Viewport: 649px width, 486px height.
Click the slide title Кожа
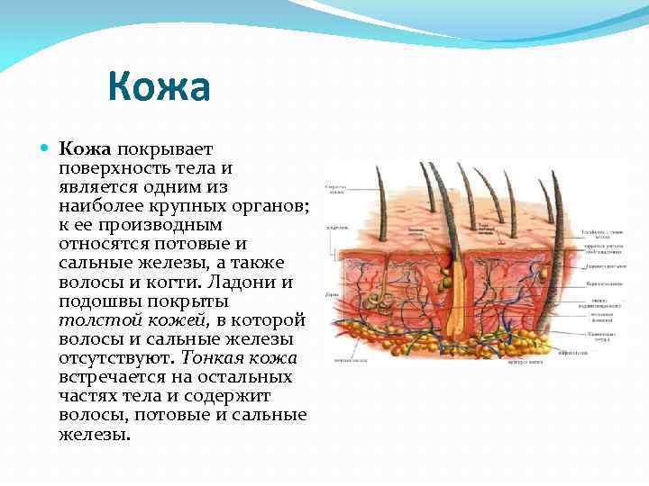[159, 88]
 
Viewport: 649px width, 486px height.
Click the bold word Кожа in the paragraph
[85, 148]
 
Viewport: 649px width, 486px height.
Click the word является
[100, 186]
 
